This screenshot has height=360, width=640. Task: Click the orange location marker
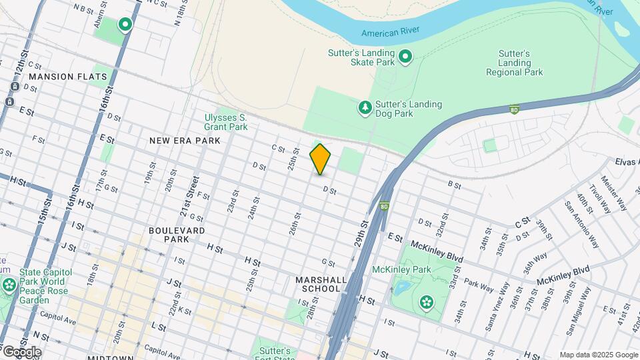(320, 159)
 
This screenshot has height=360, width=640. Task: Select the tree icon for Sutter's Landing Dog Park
(365, 108)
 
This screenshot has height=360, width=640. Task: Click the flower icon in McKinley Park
(426, 303)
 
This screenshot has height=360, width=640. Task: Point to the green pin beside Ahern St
(125, 25)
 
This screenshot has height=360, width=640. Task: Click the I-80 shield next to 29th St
(385, 207)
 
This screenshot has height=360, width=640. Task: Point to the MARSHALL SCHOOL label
(318, 284)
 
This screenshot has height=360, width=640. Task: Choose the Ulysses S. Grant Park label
(226, 122)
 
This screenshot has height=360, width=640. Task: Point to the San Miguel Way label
(579, 311)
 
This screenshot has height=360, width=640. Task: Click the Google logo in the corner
(21, 351)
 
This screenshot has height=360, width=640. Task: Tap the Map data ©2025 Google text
(598, 355)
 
